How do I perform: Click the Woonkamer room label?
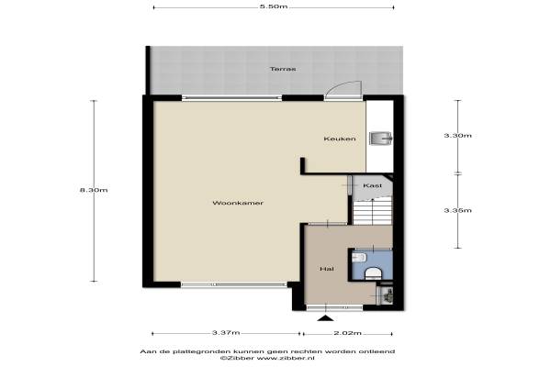tap(238, 203)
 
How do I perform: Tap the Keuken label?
tap(340, 139)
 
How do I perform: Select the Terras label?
tap(283, 69)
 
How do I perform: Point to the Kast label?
tap(372, 185)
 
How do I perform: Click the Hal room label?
tap(327, 269)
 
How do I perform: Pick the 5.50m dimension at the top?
tap(274, 6)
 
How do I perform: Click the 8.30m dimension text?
tap(94, 190)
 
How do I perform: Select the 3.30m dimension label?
tap(457, 136)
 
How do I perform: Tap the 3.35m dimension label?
tap(457, 210)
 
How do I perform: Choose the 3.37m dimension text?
tap(226, 332)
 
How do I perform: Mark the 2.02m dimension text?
tap(347, 333)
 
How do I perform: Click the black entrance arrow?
tap(326, 318)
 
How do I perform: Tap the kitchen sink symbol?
tap(381, 138)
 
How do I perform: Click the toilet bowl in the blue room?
tap(373, 273)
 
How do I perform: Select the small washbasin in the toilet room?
tap(359, 258)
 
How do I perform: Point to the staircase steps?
tap(373, 210)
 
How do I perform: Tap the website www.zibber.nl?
tap(286, 358)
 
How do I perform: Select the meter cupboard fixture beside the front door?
tap(385, 295)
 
